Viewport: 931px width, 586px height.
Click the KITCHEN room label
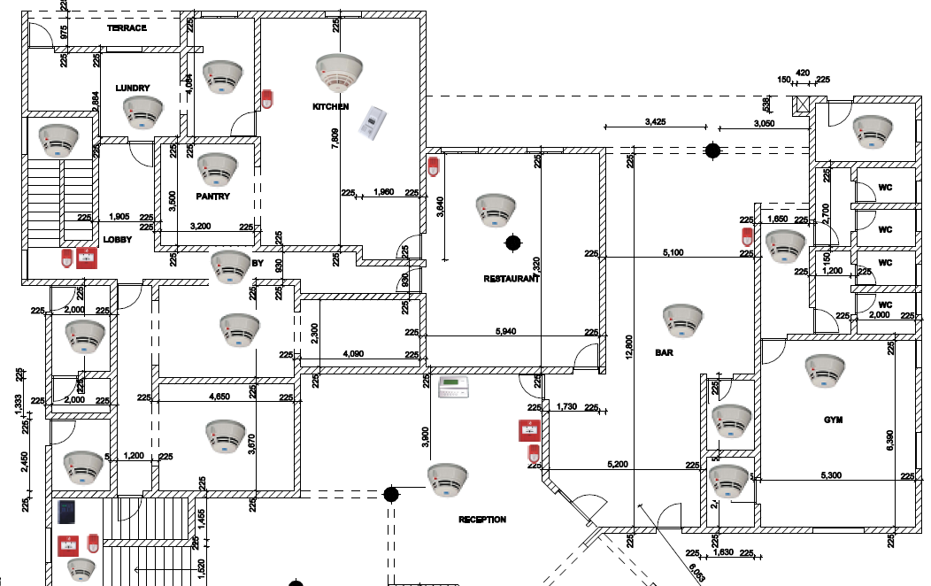click(x=330, y=107)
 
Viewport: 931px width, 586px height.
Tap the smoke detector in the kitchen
click(x=339, y=72)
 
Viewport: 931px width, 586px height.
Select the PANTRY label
click(x=213, y=197)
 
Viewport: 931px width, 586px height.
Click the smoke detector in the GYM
click(x=825, y=370)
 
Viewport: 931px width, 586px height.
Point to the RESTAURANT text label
click(x=511, y=278)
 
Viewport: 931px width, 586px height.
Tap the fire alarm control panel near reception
click(x=457, y=388)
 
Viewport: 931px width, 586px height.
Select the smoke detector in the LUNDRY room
click(x=142, y=112)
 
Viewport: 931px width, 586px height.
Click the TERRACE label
click(x=127, y=28)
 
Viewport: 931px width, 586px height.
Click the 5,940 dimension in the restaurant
click(x=506, y=332)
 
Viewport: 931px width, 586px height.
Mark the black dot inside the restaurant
click(x=512, y=241)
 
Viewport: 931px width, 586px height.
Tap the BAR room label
click(x=664, y=351)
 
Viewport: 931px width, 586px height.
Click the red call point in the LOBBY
click(x=87, y=258)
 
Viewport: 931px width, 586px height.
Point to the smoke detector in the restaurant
click(x=496, y=209)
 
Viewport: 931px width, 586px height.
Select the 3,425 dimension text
click(x=656, y=121)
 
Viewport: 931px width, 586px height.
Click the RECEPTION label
click(x=481, y=520)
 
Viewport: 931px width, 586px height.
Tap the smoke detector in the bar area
click(x=683, y=321)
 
